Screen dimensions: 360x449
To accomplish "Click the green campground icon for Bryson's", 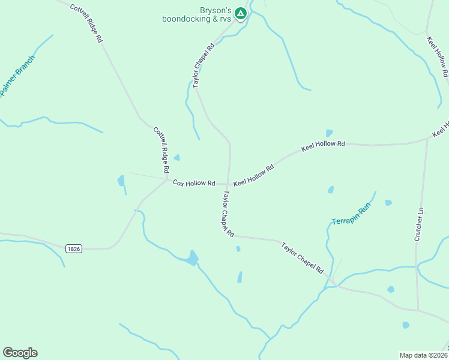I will click(x=240, y=13).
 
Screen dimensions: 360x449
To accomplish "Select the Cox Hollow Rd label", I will click(x=194, y=182).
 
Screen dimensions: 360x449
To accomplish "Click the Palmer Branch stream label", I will click(x=17, y=76).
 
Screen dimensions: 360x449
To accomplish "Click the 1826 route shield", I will click(x=73, y=248).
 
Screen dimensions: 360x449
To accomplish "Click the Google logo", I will click(x=20, y=353).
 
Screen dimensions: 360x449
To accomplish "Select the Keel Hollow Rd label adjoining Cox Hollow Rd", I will click(x=253, y=175).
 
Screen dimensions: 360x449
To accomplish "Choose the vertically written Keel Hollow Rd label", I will click(x=438, y=57).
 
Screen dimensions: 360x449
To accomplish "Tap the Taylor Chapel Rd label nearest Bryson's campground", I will click(x=203, y=66).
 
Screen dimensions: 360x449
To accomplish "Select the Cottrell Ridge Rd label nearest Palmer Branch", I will click(x=86, y=23).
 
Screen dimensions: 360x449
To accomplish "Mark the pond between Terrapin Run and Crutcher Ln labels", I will click(x=388, y=203).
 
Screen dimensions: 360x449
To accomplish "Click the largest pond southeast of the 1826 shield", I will click(x=192, y=258).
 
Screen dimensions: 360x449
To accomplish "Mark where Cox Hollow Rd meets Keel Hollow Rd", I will click(x=229, y=184).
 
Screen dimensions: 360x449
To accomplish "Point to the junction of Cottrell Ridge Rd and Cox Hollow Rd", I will click(x=167, y=179).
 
